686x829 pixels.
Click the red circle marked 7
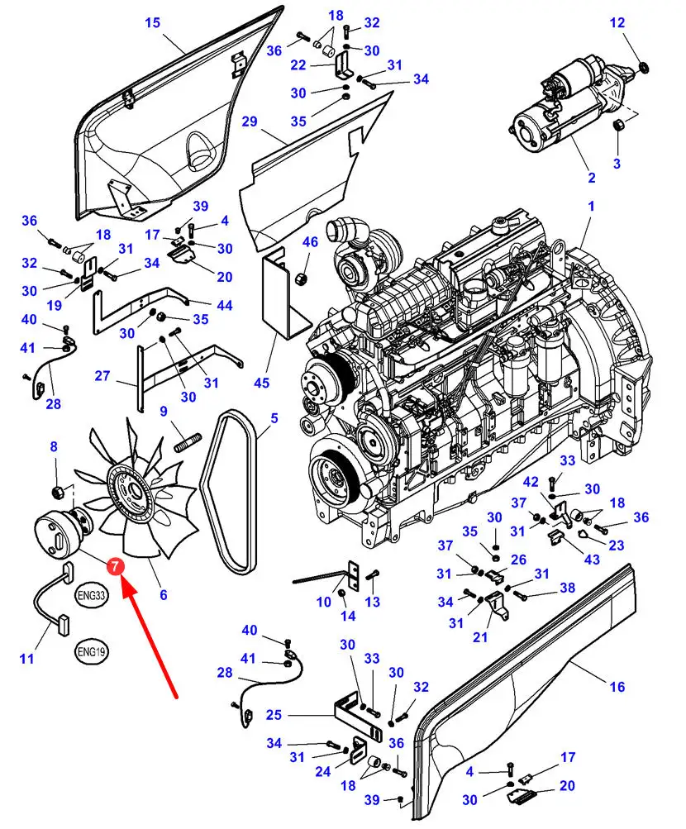pos(115,567)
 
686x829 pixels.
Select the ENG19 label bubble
pos(91,651)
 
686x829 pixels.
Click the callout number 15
pos(153,22)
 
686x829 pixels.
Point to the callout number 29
pos(250,121)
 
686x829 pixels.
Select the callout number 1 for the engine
pos(591,204)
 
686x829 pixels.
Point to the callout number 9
pos(164,411)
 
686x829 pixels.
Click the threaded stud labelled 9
pos(189,436)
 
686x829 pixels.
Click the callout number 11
pos(27,659)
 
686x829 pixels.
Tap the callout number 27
pos(102,376)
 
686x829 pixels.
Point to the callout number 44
pos(224,305)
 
